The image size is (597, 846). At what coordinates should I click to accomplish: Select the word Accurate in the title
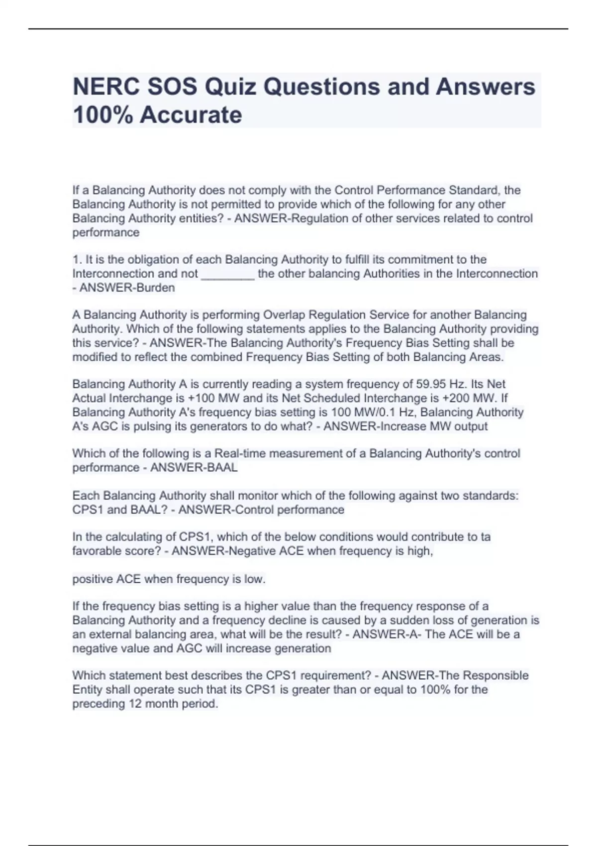point(191,115)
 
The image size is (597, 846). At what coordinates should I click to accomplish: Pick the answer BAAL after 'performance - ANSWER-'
point(220,468)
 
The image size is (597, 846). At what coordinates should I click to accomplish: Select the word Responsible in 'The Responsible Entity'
point(495,676)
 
